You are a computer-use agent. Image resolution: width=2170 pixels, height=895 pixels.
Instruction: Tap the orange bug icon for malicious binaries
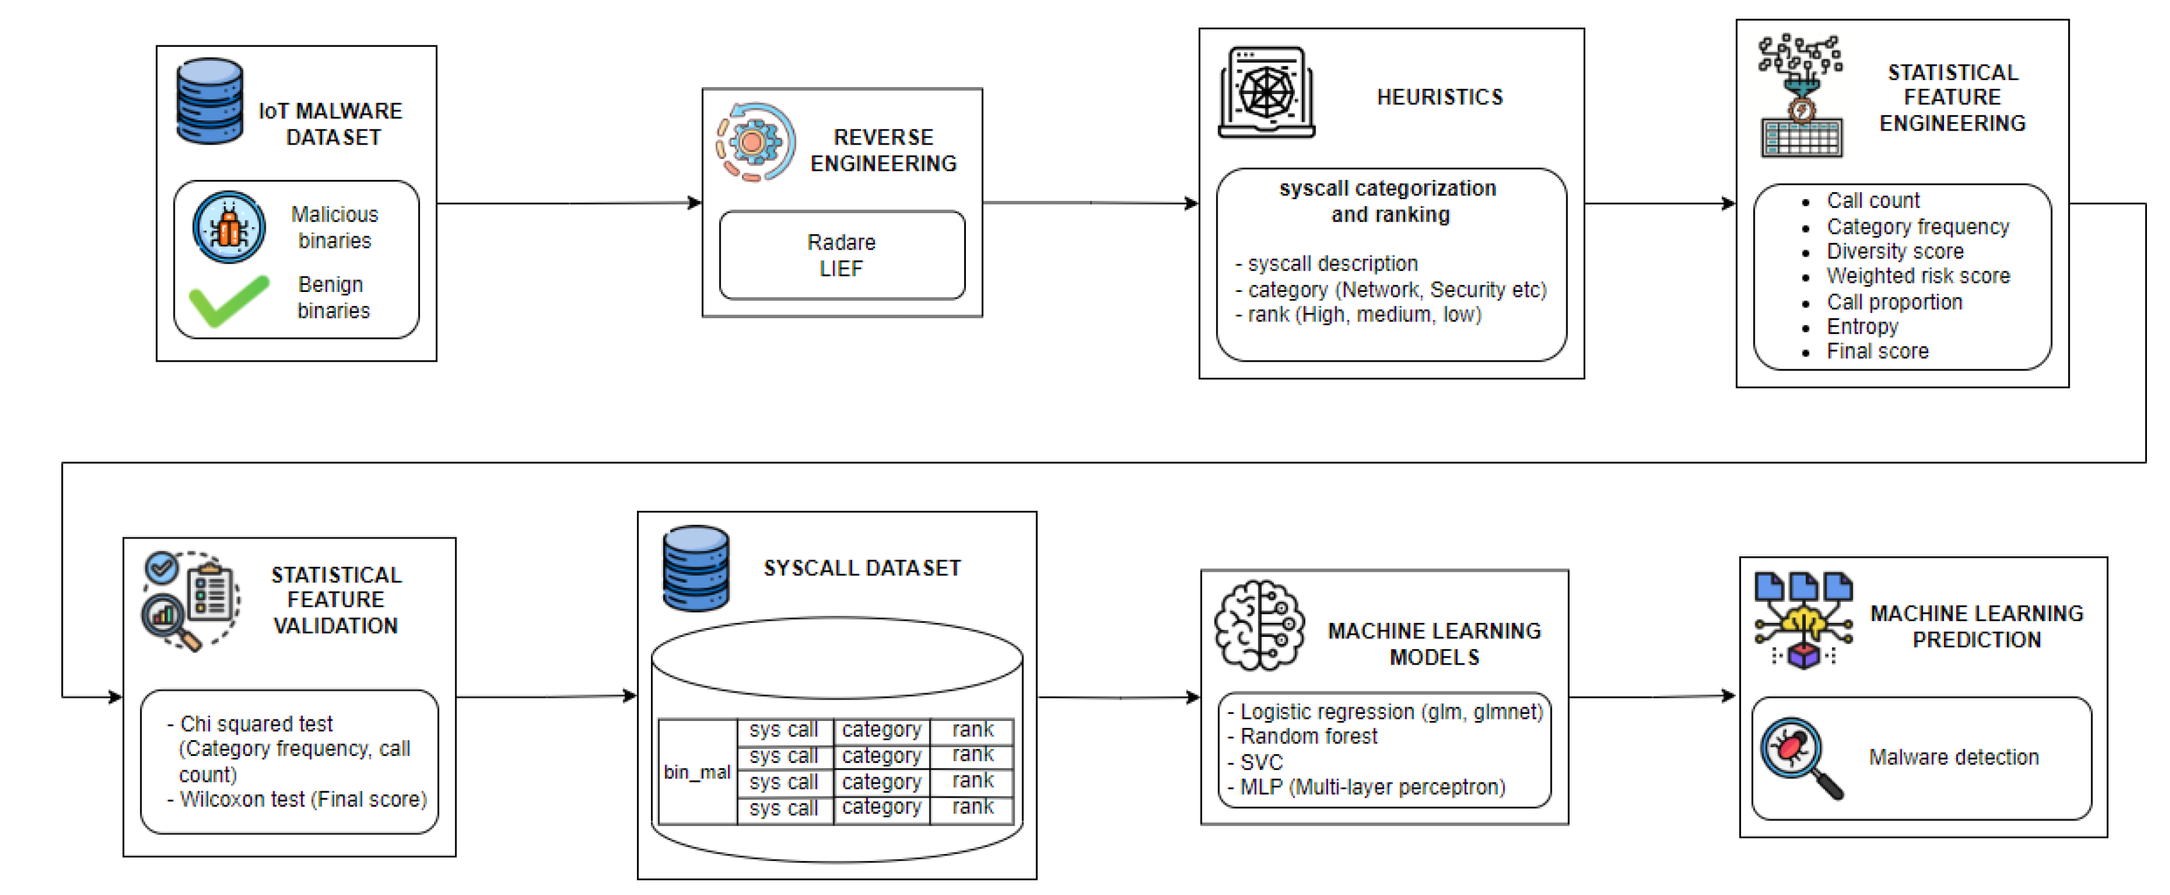229,227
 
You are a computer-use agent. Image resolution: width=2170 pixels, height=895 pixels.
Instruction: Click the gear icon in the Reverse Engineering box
753,141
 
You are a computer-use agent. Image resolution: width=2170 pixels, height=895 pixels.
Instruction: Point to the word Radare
840,243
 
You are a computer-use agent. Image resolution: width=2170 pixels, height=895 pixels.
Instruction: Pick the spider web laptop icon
1266,93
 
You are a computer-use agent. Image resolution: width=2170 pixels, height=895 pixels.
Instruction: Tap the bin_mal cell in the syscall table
696,772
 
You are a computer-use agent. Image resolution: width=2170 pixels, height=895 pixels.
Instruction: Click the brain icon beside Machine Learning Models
1258,625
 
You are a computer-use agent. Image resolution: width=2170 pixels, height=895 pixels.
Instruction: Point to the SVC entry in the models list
1260,762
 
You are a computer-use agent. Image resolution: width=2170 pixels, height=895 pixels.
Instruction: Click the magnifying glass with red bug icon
1797,755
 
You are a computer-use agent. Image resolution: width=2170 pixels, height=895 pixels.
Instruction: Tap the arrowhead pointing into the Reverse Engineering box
695,202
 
